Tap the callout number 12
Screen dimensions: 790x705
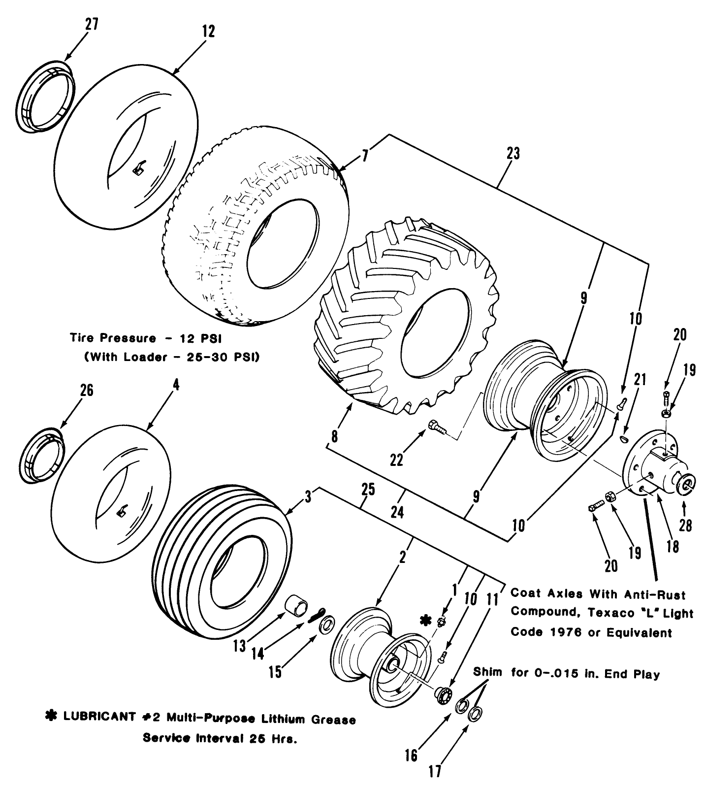point(208,32)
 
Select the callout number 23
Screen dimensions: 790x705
point(513,153)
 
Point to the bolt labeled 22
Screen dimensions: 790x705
point(438,426)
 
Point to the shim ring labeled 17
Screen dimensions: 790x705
point(475,714)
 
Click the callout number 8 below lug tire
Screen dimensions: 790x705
point(334,436)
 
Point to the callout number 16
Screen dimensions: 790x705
point(411,755)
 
